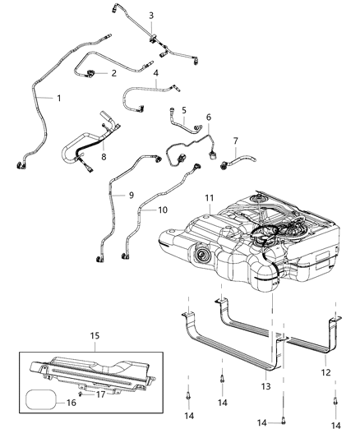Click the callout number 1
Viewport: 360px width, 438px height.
(58, 99)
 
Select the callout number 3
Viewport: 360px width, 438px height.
(150, 16)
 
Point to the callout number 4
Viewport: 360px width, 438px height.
(156, 72)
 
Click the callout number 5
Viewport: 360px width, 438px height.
(184, 109)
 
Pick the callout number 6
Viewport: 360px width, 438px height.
(209, 118)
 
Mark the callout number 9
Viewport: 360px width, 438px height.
(130, 195)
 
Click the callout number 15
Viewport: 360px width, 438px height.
(95, 336)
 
